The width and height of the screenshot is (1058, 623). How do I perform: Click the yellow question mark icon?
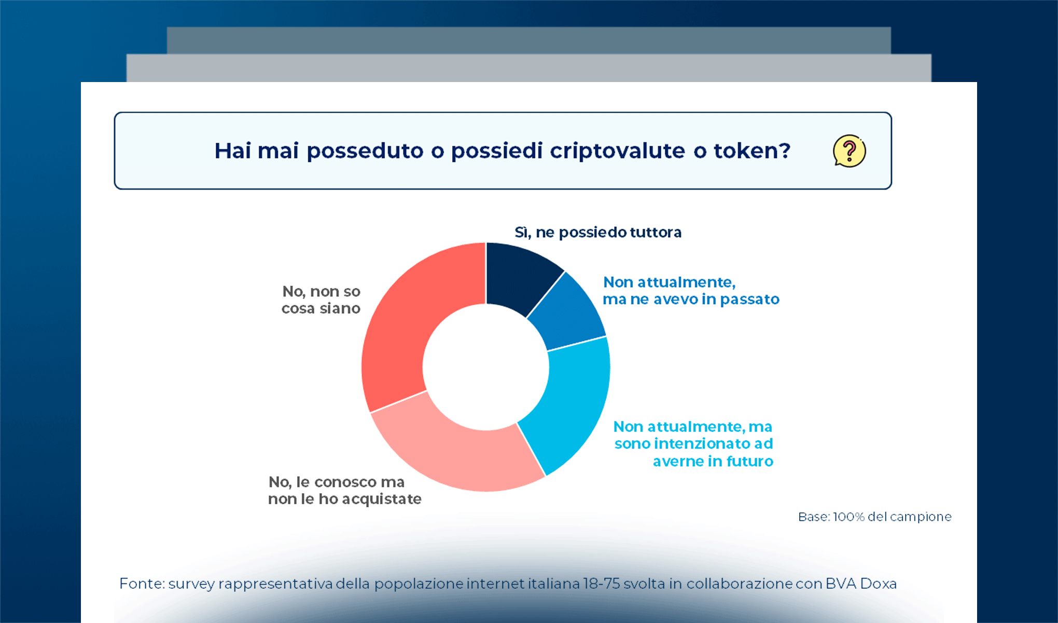point(849,151)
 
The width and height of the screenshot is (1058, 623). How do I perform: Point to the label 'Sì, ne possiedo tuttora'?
point(597,232)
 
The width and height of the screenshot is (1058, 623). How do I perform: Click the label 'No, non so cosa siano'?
point(321,300)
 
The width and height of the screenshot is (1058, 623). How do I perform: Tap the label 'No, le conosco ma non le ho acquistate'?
point(344,490)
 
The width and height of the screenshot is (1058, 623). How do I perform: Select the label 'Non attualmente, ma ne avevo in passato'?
point(690,291)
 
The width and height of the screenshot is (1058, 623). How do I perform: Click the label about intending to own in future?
point(693,443)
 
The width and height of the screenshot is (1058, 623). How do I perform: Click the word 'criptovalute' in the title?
point(617,151)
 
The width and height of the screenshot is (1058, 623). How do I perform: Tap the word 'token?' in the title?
point(752,151)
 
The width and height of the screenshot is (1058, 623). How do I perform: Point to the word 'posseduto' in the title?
point(365,151)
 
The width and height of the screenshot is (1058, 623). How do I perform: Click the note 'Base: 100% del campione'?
point(874,517)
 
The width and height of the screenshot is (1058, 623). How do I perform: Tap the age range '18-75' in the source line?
point(601,584)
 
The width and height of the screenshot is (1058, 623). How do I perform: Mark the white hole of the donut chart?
point(486,367)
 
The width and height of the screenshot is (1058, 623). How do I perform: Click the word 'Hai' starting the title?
point(233,151)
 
